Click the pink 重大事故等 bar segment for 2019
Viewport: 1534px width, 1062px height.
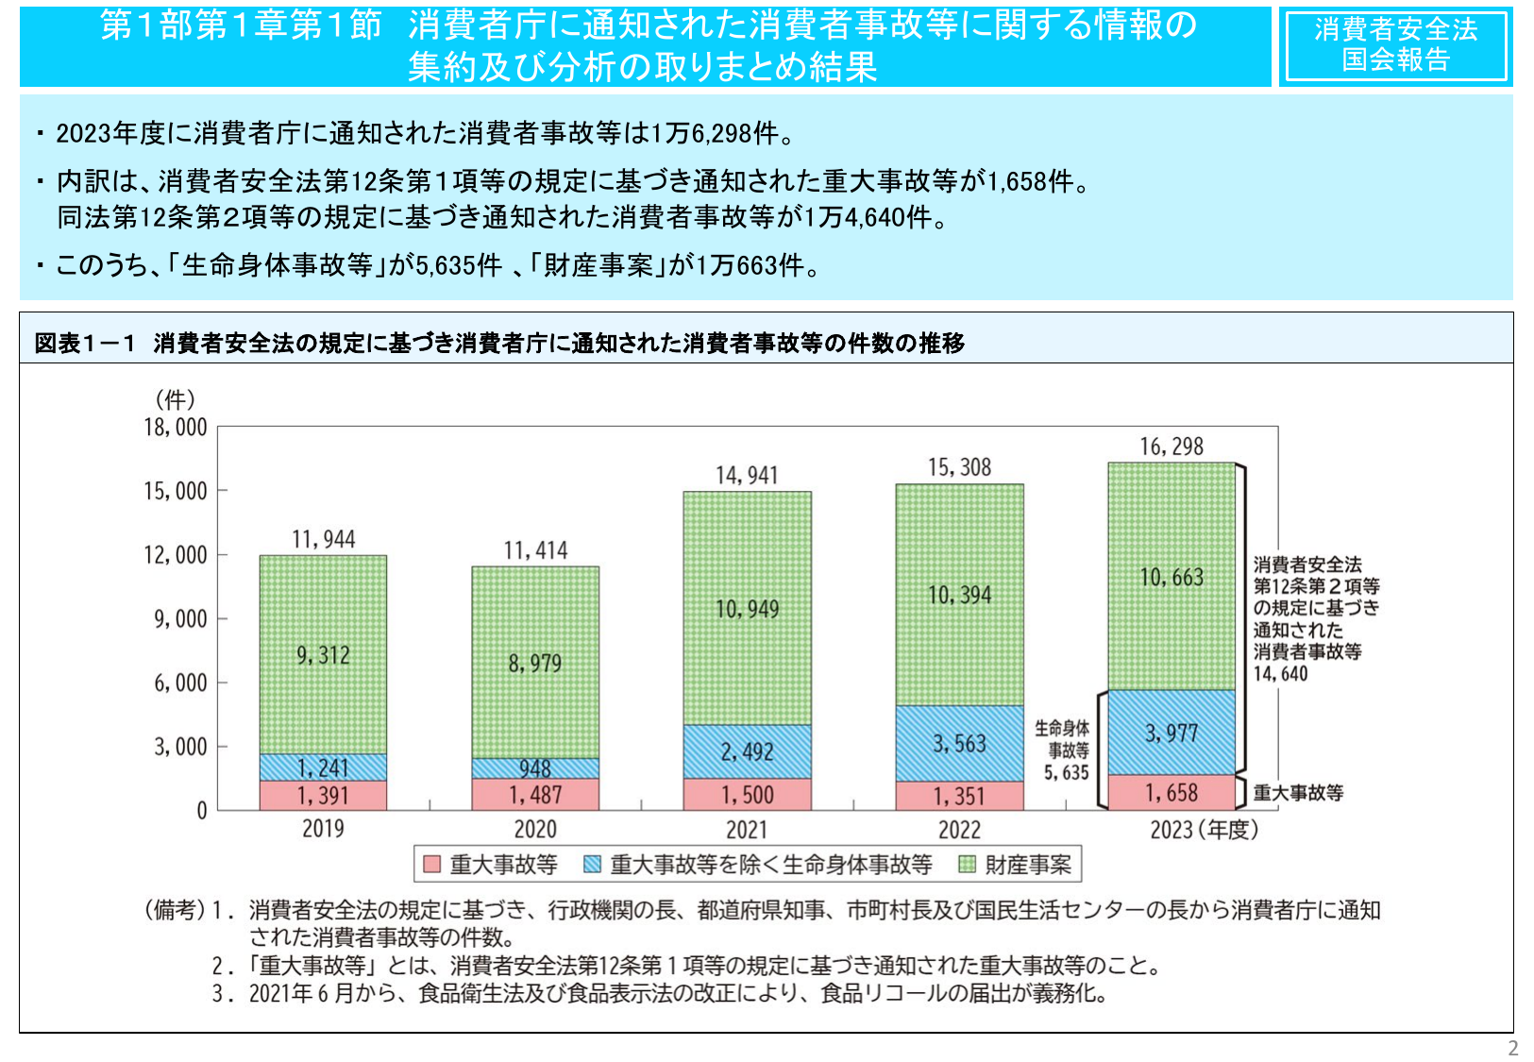[323, 796]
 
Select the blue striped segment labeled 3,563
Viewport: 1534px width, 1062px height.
[959, 744]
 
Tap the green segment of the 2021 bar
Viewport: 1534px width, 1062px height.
[747, 608]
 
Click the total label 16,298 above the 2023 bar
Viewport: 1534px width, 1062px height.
[1172, 447]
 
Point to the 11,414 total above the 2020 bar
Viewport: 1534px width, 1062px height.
[535, 550]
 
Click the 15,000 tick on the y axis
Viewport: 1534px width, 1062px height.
[176, 491]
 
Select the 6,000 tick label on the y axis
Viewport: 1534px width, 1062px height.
[180, 683]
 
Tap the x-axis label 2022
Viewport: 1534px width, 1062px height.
[959, 830]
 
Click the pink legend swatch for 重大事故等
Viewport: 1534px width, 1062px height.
[432, 864]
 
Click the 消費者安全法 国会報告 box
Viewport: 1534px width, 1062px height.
[1395, 45]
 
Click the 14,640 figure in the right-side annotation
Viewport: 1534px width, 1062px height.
[1280, 674]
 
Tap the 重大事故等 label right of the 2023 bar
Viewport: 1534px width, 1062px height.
[1298, 793]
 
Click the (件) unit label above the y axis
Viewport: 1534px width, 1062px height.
[176, 399]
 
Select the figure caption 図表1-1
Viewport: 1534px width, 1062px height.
[85, 344]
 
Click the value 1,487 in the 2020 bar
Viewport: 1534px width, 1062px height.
[535, 796]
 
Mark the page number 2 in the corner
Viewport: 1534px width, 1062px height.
[1512, 1048]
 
